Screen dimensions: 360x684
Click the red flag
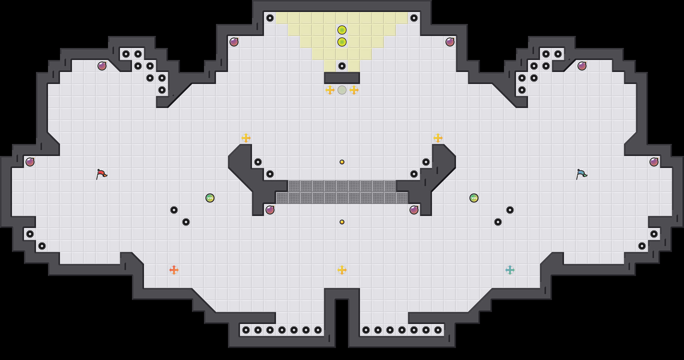pyautogui.click(x=101, y=174)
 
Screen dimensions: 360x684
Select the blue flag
pyautogui.click(x=581, y=174)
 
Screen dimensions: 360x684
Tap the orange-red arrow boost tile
pyautogui.click(x=174, y=270)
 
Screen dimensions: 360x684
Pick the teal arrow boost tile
pyautogui.click(x=510, y=270)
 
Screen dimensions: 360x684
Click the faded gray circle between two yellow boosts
pyautogui.click(x=342, y=90)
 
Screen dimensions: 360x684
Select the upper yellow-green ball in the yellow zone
pyautogui.click(x=342, y=30)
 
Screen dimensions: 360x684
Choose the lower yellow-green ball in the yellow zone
pyautogui.click(x=342, y=42)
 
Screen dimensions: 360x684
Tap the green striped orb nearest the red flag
pyautogui.click(x=210, y=198)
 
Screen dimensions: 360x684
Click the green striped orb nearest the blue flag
pyautogui.click(x=474, y=198)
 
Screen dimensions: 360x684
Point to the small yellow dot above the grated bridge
pyautogui.click(x=342, y=162)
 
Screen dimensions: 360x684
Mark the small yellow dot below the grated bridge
pyautogui.click(x=342, y=222)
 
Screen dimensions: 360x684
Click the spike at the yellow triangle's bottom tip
pyautogui.click(x=342, y=66)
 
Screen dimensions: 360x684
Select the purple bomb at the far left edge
pyautogui.click(x=30, y=162)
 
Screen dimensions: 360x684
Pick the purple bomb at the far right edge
pyautogui.click(x=654, y=162)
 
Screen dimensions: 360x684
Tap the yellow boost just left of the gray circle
pyautogui.click(x=330, y=90)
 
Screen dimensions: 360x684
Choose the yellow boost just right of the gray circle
pyautogui.click(x=354, y=90)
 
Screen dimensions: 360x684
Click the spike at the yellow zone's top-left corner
pyautogui.click(x=270, y=18)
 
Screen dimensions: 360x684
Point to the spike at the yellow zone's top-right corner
pyautogui.click(x=414, y=18)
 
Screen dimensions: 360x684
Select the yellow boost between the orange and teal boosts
pyautogui.click(x=342, y=270)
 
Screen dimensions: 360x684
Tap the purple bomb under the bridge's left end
pyautogui.click(x=270, y=210)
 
